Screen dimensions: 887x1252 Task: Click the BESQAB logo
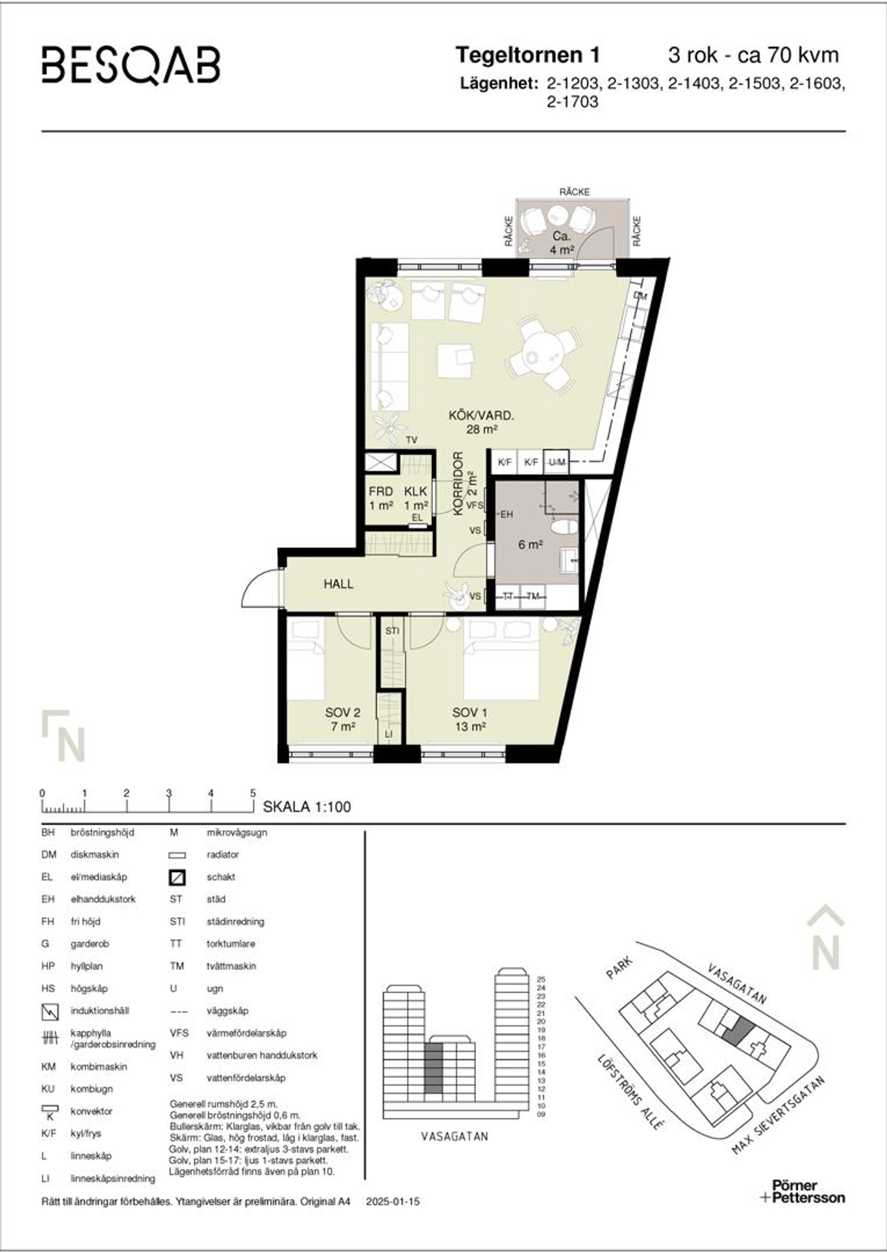click(131, 65)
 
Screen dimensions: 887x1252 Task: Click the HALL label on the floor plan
click(338, 584)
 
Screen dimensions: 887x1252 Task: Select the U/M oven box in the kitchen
click(556, 462)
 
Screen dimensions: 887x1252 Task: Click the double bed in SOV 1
click(502, 658)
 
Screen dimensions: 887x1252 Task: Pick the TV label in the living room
click(411, 440)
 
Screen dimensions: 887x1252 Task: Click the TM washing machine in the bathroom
click(533, 596)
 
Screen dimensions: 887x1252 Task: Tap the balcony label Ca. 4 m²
click(561, 243)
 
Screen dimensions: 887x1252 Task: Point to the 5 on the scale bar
click(253, 793)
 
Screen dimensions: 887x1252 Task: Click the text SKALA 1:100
click(306, 807)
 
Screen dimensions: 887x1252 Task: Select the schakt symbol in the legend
click(177, 878)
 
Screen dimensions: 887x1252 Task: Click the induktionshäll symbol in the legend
click(49, 1012)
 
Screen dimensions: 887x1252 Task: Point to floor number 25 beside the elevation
click(541, 979)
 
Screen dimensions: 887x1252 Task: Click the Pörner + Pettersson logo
click(803, 1192)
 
